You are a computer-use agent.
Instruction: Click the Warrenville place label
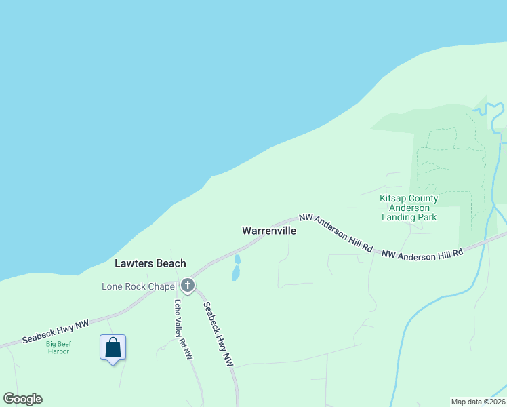[x=268, y=231]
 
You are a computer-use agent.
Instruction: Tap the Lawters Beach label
[x=150, y=263]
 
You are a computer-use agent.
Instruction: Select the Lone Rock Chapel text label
[x=139, y=286]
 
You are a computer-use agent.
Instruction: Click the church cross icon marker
[x=188, y=286]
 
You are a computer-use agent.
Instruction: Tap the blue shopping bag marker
[x=113, y=347]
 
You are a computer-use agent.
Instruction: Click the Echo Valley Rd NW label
[x=183, y=329]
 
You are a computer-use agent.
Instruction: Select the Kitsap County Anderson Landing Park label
[x=409, y=208]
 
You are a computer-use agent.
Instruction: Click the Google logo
[x=22, y=399]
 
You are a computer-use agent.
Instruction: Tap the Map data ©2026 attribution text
[x=478, y=401]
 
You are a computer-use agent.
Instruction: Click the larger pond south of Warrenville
[x=235, y=273]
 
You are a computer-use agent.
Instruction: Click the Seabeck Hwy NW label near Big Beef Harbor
[x=56, y=331]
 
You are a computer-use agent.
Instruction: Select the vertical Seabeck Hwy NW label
[x=218, y=334]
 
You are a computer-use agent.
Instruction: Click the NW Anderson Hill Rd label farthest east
[x=422, y=254]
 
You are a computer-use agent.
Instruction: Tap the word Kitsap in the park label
[x=392, y=198]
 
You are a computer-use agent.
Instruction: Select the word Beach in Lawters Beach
[x=170, y=263]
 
